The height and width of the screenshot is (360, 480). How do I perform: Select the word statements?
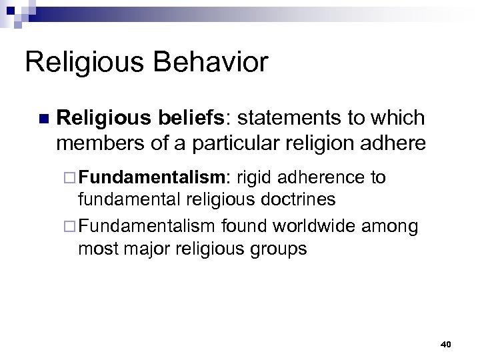point(282,118)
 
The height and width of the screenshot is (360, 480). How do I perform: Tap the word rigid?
point(254,177)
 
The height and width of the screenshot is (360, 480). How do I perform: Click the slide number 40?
point(446,344)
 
